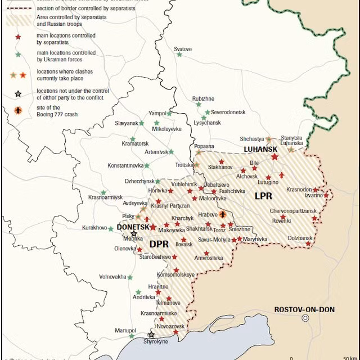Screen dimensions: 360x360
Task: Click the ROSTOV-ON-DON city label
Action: (x=304, y=309)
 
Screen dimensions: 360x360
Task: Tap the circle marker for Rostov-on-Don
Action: (x=305, y=318)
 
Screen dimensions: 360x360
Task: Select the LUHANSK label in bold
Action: (x=260, y=149)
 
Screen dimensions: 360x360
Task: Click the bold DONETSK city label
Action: (x=133, y=227)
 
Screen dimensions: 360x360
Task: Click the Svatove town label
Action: (x=183, y=49)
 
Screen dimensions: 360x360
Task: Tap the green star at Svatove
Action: (x=179, y=55)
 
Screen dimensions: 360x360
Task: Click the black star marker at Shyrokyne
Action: (x=151, y=335)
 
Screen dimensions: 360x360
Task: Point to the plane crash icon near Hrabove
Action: (x=223, y=214)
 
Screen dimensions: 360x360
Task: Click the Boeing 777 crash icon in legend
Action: (x=18, y=110)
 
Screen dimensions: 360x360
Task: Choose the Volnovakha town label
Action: (x=112, y=277)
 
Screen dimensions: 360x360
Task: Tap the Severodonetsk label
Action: (x=228, y=112)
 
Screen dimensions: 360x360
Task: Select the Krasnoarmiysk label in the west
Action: (x=105, y=197)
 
